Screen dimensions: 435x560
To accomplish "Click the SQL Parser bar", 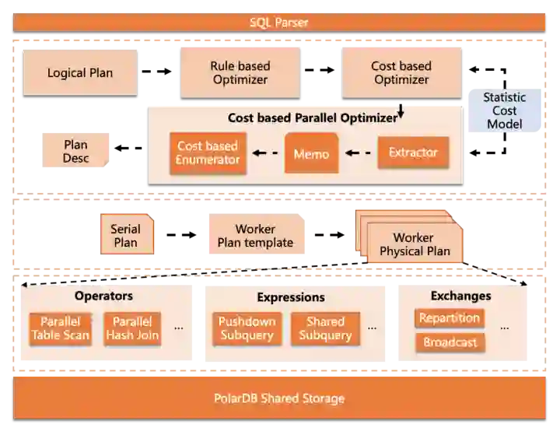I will pyautogui.click(x=279, y=22).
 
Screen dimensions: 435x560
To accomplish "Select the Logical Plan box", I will pyautogui.click(x=79, y=73).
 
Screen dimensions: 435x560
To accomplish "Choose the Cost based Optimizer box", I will pyautogui.click(x=401, y=73).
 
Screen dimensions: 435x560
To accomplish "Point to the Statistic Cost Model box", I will pyautogui.click(x=504, y=111).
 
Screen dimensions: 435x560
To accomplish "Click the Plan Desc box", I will pyautogui.click(x=75, y=151).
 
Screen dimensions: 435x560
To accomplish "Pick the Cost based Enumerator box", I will pyautogui.click(x=208, y=153).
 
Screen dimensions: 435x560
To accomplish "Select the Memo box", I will pyautogui.click(x=311, y=153).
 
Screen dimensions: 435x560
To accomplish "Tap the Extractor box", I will pyautogui.click(x=413, y=153).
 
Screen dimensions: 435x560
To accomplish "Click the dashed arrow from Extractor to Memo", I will pyautogui.click(x=358, y=153).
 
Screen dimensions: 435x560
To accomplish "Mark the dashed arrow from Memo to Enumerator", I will pyautogui.click(x=265, y=153).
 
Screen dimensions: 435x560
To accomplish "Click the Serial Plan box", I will pyautogui.click(x=126, y=235).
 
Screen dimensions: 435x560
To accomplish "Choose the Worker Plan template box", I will pyautogui.click(x=255, y=236).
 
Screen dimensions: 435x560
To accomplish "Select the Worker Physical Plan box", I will pyautogui.click(x=414, y=244).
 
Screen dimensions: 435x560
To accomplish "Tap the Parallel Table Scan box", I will pyautogui.click(x=61, y=328).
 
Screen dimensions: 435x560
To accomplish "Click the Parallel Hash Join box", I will pyautogui.click(x=132, y=328).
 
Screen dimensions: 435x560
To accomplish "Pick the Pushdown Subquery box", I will pyautogui.click(x=247, y=328).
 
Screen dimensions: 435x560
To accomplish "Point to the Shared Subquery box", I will pyautogui.click(x=325, y=328).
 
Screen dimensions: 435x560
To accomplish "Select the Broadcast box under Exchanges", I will pyautogui.click(x=450, y=342).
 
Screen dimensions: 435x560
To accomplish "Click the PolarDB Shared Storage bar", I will pyautogui.click(x=279, y=398).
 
